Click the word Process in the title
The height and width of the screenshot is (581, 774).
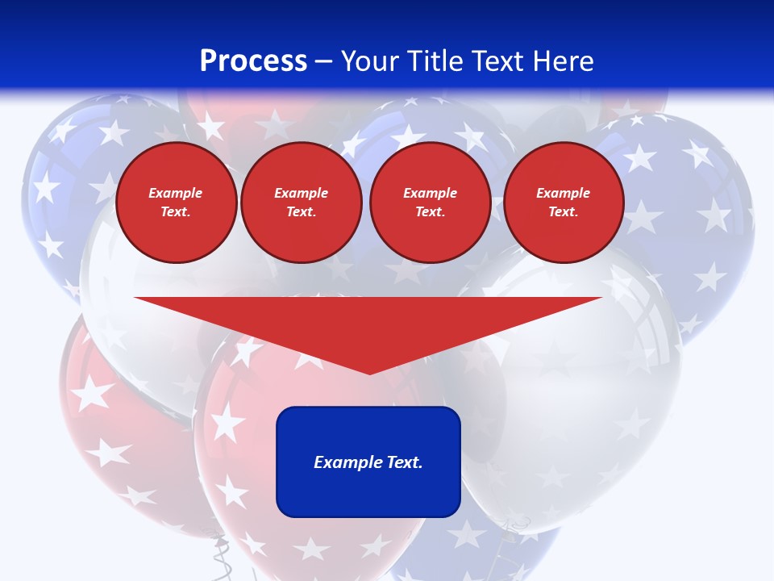click(x=253, y=61)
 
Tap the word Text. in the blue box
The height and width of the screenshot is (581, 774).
click(x=403, y=462)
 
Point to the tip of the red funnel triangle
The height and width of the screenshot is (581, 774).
click(x=369, y=372)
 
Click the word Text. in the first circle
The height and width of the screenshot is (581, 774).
click(x=176, y=212)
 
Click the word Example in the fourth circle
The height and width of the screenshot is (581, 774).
click(x=563, y=193)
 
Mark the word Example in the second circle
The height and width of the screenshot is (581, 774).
click(x=301, y=193)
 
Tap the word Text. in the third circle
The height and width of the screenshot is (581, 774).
click(x=430, y=212)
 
